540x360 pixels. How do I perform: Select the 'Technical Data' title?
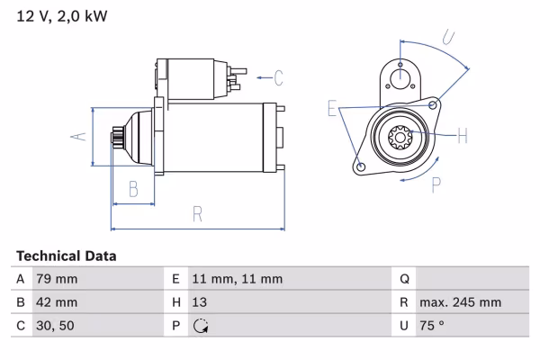point(66,256)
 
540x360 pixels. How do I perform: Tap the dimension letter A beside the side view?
point(78,137)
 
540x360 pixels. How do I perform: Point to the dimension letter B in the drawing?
point(132,188)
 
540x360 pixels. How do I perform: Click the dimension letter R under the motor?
point(197,214)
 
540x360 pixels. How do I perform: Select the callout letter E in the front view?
point(333,110)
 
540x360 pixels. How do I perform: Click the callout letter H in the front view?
point(463,136)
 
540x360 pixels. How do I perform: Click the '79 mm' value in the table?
point(57,279)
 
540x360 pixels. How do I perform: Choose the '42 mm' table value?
point(57,302)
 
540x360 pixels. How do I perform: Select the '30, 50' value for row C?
point(54,326)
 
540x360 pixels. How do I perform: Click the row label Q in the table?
point(405,279)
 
